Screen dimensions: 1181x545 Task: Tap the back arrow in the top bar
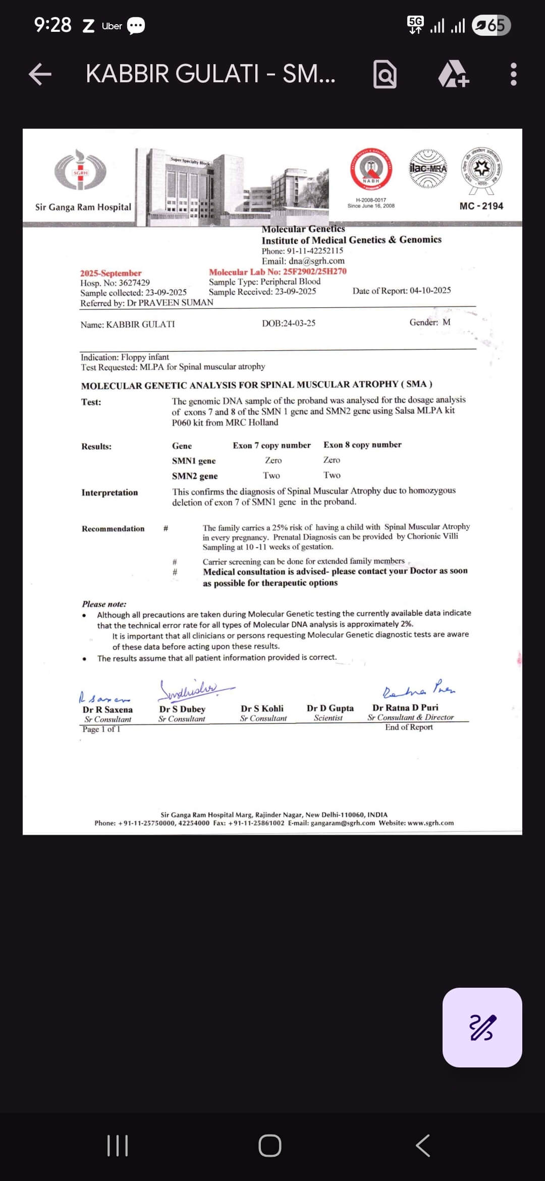[x=40, y=74]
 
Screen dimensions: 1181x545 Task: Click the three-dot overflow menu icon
[x=513, y=74]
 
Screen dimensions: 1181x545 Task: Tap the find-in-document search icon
[x=385, y=74]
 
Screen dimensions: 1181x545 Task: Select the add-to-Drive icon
[x=453, y=74]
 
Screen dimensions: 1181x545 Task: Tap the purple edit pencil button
[x=482, y=1027]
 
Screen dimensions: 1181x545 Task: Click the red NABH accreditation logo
[x=371, y=169]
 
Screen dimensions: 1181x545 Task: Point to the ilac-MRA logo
[x=428, y=169]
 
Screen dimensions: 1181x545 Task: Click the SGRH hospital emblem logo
[x=81, y=170]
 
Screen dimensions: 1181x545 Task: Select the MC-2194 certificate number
[x=481, y=206]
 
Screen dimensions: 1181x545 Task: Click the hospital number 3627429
[x=134, y=283]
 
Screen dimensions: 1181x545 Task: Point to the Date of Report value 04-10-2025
[x=430, y=290]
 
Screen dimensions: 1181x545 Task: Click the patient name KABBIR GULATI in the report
[x=140, y=325]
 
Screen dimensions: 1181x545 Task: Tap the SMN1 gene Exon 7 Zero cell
[x=274, y=460]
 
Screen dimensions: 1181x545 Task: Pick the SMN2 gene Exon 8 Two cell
[x=332, y=475]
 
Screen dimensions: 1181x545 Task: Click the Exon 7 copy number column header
[x=271, y=445]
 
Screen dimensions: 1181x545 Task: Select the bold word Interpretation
[x=110, y=493]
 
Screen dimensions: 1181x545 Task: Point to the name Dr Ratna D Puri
[x=405, y=708]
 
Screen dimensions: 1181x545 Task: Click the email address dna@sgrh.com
[x=316, y=261]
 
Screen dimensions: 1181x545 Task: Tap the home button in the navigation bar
[x=270, y=1146]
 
